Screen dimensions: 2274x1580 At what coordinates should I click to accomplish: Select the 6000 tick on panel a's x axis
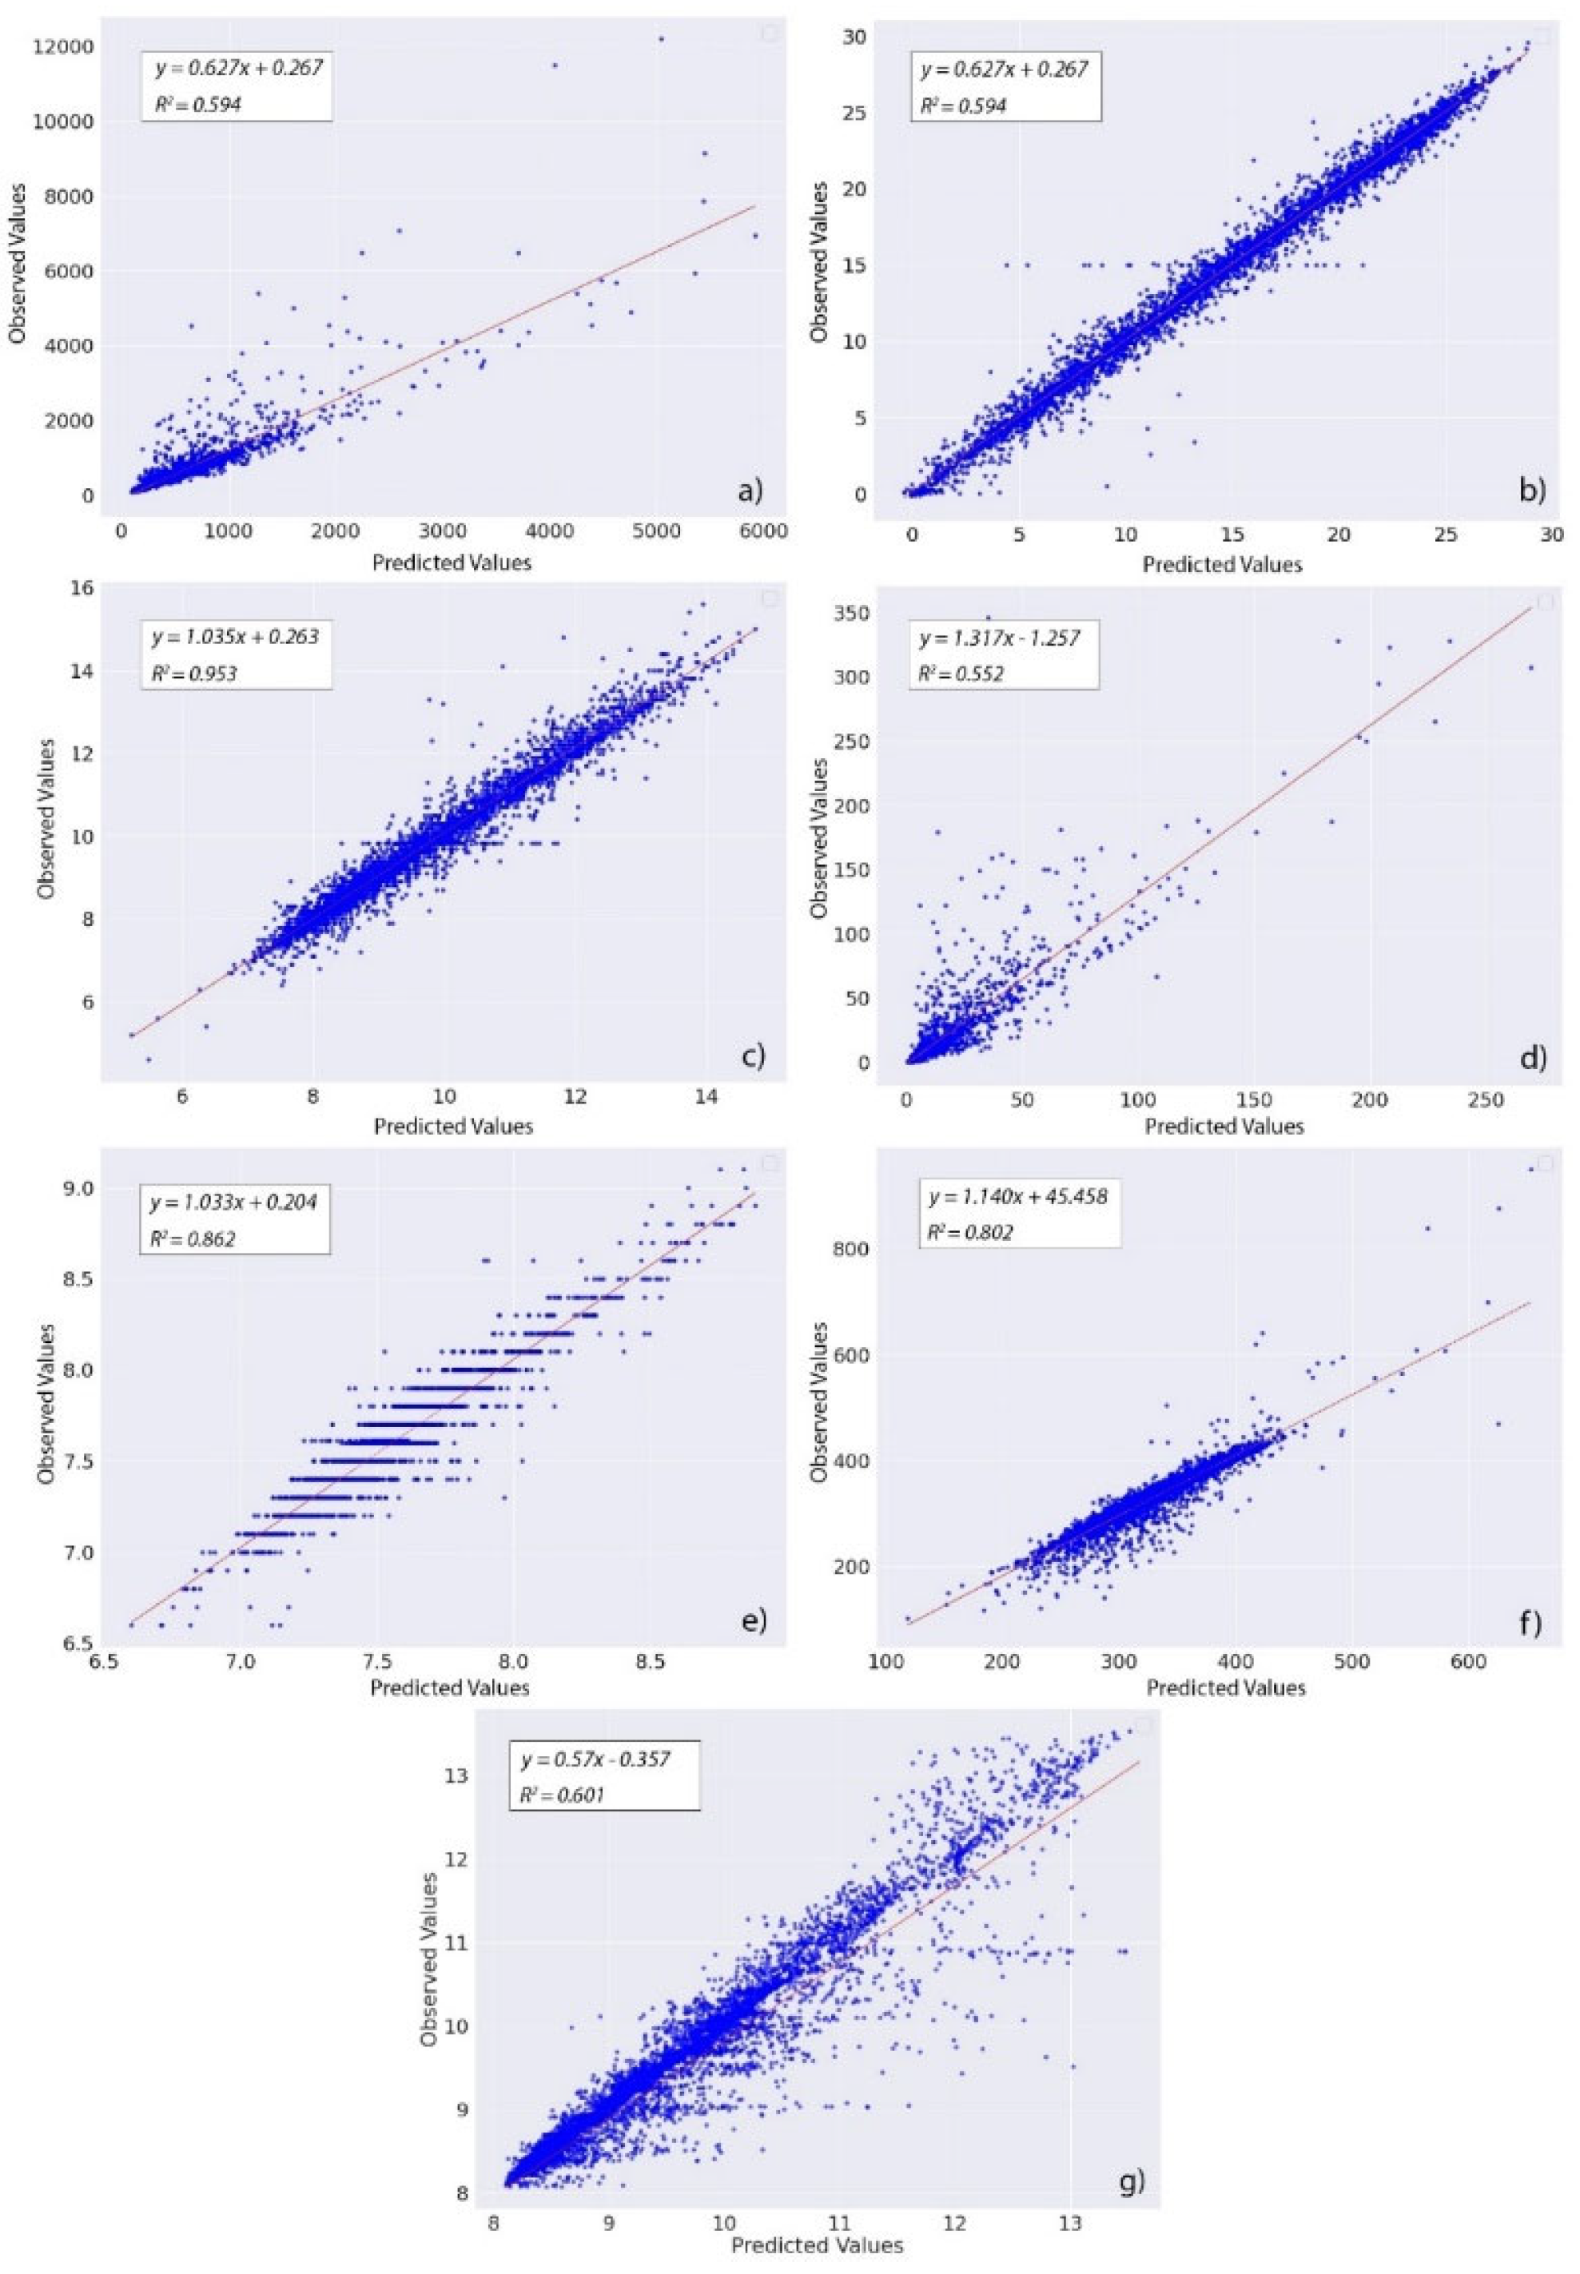tap(762, 531)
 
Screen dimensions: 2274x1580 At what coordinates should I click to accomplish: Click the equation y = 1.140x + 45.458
tap(1017, 1196)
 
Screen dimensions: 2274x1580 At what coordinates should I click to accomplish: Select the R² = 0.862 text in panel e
tap(193, 1237)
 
